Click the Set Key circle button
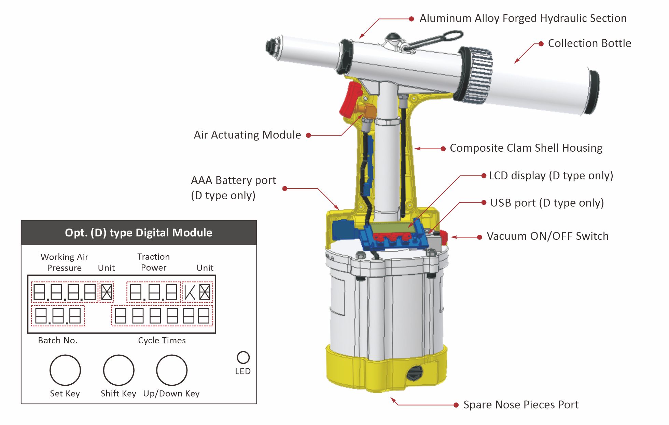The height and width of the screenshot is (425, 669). click(65, 370)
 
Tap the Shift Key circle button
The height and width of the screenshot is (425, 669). click(119, 370)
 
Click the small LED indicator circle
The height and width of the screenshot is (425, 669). click(243, 357)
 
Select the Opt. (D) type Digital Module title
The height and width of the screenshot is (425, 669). click(139, 233)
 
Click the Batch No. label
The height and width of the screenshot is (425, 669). click(58, 340)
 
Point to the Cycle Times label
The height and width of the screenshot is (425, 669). click(162, 340)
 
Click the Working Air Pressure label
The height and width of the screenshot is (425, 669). click(64, 262)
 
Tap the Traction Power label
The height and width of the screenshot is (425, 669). click(154, 262)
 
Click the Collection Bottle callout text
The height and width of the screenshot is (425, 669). click(589, 43)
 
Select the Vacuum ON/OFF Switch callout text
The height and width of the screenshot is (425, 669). click(547, 236)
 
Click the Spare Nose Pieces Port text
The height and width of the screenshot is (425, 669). click(521, 405)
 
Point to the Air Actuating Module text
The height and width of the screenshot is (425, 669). click(247, 135)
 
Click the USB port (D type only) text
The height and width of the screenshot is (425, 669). click(547, 203)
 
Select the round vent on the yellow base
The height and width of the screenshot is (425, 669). click(415, 373)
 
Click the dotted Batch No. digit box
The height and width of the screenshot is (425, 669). click(58, 316)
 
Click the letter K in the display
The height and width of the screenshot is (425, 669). click(190, 292)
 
